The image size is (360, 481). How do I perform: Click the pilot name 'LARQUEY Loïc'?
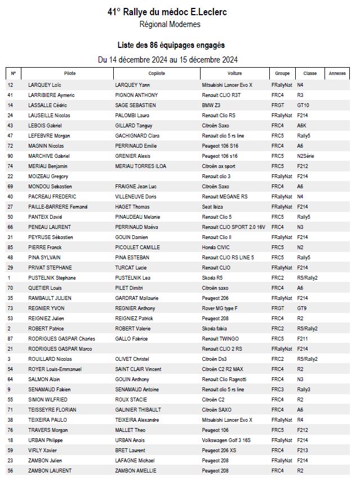coord(43,85)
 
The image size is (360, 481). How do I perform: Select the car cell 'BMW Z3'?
coord(212,105)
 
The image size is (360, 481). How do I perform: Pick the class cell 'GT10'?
coord(303,105)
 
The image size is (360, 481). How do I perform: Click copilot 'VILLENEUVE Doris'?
coord(136,196)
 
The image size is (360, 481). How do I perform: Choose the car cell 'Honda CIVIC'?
coord(216,247)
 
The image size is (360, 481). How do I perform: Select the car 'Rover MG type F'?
coord(220,308)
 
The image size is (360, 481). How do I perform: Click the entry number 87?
coord(10,338)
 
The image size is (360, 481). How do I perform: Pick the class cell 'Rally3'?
coord(304,389)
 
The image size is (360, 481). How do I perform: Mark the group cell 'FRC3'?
coord(278,389)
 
